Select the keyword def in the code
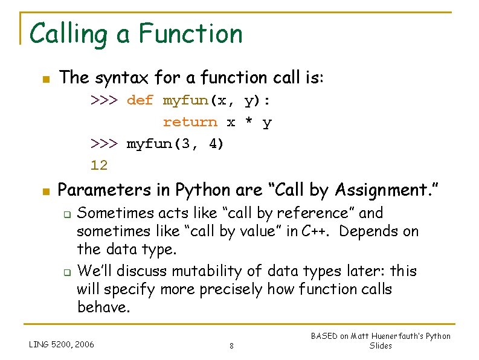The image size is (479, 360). pyautogui.click(x=140, y=100)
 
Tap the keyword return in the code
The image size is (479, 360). pyautogui.click(x=190, y=122)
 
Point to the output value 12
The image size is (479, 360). pyautogui.click(x=99, y=165)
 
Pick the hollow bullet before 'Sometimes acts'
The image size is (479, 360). pyautogui.click(x=68, y=214)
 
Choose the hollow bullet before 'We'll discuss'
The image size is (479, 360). pyautogui.click(x=68, y=271)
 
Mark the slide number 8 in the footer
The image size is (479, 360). pyautogui.click(x=232, y=346)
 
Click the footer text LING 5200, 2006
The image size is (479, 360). pyautogui.click(x=62, y=344)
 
